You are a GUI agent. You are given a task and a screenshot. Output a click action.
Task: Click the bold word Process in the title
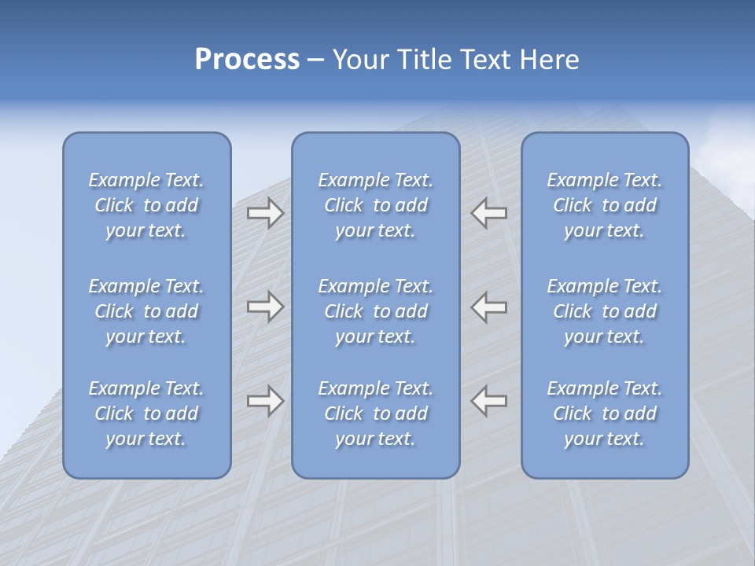(x=247, y=60)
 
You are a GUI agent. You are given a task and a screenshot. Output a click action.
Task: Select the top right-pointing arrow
(x=265, y=212)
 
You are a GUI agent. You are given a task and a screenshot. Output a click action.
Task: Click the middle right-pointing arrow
(x=265, y=307)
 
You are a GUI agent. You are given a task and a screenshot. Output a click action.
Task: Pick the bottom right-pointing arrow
(x=265, y=401)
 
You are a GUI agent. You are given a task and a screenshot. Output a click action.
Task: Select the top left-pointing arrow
(x=489, y=212)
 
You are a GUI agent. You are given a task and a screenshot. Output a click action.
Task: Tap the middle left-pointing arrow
(x=489, y=307)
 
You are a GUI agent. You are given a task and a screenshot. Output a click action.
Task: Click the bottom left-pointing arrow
(x=489, y=401)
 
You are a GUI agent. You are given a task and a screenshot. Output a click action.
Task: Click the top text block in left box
(x=146, y=205)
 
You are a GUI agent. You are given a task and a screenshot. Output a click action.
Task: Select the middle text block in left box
(x=146, y=311)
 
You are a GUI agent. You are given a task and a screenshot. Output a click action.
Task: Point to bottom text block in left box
(x=146, y=413)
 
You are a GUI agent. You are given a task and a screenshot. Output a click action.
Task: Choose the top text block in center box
(x=376, y=205)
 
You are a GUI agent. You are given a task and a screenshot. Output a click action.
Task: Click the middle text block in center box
(x=376, y=311)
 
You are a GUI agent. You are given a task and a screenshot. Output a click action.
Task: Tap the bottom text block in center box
(x=376, y=413)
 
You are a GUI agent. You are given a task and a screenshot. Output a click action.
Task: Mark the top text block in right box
(x=605, y=205)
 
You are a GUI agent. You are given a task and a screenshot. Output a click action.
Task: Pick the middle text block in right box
(x=605, y=311)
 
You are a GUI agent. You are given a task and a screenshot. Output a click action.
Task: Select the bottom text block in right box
(x=605, y=413)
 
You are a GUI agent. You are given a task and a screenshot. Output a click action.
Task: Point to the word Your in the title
(x=360, y=60)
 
